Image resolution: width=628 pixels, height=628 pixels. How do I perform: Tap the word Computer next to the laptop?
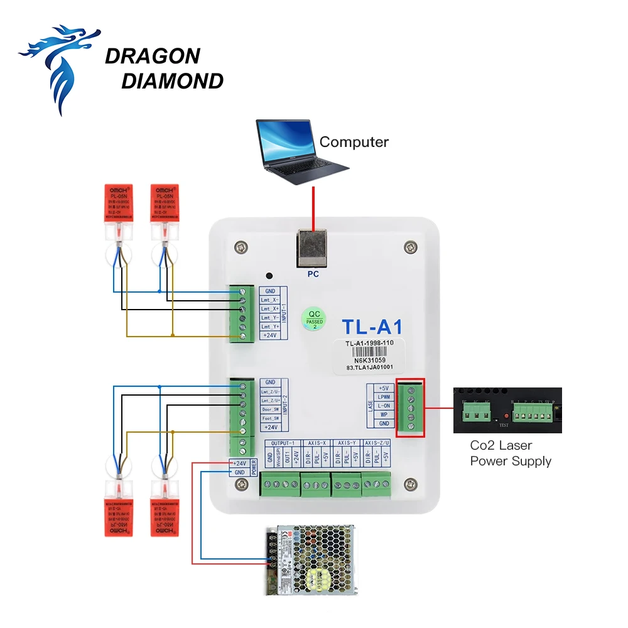tap(354, 142)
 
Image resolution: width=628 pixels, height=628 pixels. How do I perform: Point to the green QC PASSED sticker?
tap(314, 318)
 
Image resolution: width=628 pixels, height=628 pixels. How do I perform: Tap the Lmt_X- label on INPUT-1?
tap(270, 300)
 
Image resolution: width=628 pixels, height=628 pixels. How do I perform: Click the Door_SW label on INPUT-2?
tap(270, 409)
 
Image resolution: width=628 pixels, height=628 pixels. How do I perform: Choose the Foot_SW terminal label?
tap(270, 418)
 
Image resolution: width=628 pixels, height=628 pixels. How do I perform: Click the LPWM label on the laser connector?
tap(383, 397)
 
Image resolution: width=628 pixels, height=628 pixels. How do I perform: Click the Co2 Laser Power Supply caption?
tap(511, 453)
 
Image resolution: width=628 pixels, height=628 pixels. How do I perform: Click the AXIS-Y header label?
tap(345, 443)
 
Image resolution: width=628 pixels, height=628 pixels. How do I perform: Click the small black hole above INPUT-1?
tap(269, 276)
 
